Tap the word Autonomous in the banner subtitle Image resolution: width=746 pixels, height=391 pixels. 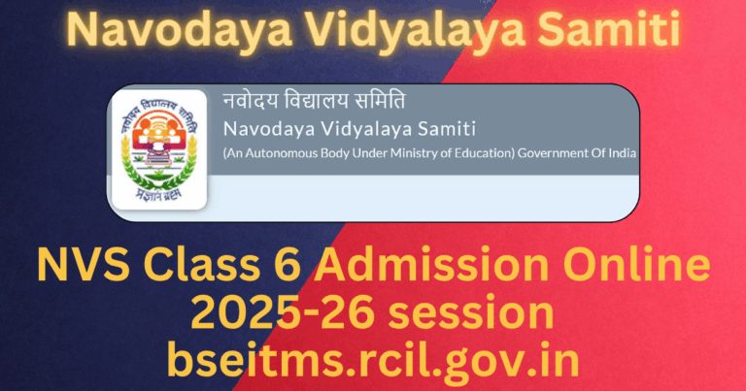(281, 153)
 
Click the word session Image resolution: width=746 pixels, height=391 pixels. (462, 312)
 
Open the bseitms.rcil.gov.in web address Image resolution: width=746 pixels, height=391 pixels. (373, 359)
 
